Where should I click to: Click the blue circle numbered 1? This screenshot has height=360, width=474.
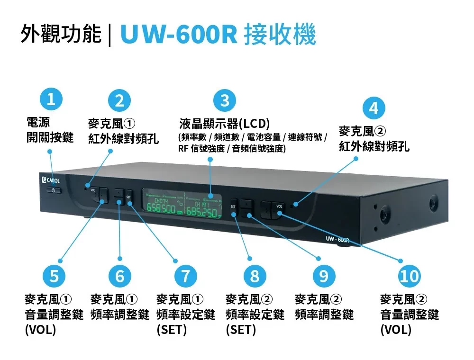[x=51, y=99]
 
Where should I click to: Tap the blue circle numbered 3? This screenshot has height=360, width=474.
[x=225, y=100]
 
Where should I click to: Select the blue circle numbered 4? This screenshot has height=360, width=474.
[x=374, y=108]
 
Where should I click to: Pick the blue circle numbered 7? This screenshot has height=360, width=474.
[x=185, y=276]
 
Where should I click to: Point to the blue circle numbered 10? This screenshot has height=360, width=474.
[x=410, y=276]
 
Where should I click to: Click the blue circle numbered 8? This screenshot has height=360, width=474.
[x=255, y=276]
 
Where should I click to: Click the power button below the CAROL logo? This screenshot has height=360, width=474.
[x=54, y=190]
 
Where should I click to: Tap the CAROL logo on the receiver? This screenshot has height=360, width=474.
[x=51, y=180]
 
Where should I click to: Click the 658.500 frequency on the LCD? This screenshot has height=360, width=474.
[x=161, y=208]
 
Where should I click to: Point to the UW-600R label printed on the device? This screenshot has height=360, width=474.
[x=337, y=239]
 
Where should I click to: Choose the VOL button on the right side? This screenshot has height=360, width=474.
[x=279, y=209]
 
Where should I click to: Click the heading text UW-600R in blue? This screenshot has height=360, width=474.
[x=179, y=34]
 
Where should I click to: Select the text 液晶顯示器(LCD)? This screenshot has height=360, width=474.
[x=224, y=123]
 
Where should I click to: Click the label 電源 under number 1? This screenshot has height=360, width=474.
[x=38, y=122]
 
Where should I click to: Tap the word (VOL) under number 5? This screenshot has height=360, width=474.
[x=40, y=329]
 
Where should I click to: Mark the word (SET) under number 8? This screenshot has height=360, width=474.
[x=241, y=329]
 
